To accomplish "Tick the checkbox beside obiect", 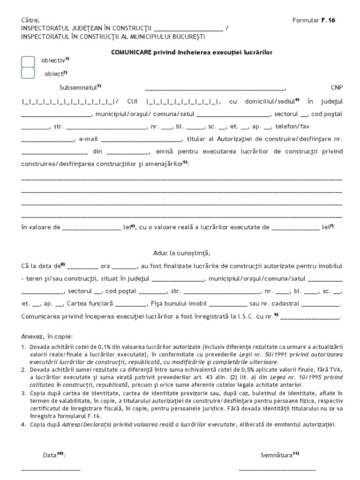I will tap(28, 73).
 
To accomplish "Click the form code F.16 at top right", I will tap(328, 20).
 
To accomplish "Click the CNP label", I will tap(337, 88).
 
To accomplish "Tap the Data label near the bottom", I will tap(49, 455).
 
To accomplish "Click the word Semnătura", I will tap(277, 455).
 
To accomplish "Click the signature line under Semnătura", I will tap(277, 469).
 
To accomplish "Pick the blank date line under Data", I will tap(51, 469).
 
